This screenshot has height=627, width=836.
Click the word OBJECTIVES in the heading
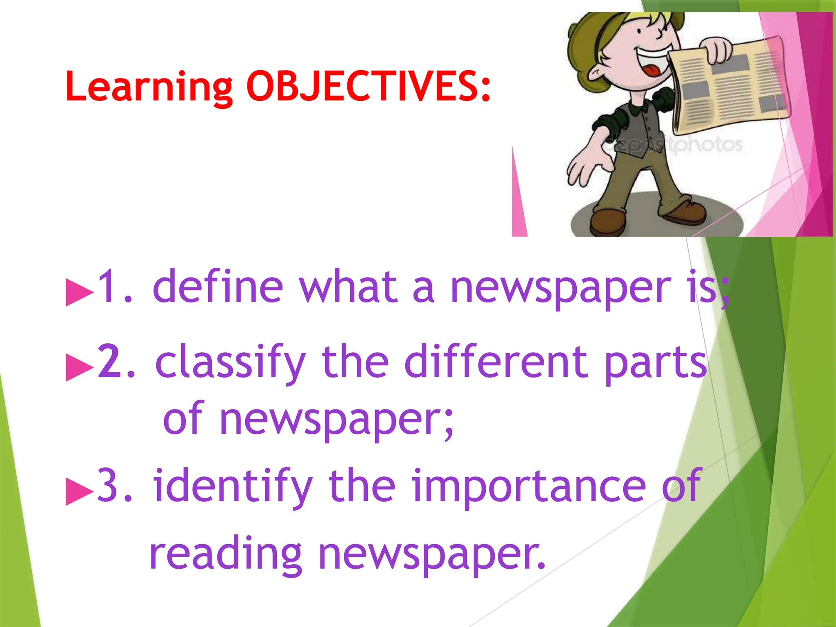(x=368, y=87)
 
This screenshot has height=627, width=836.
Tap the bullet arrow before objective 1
(x=79, y=292)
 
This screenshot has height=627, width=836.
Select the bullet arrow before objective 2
(x=79, y=367)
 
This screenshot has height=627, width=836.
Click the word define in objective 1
(x=218, y=287)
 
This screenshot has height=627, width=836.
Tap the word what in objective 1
(x=348, y=287)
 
